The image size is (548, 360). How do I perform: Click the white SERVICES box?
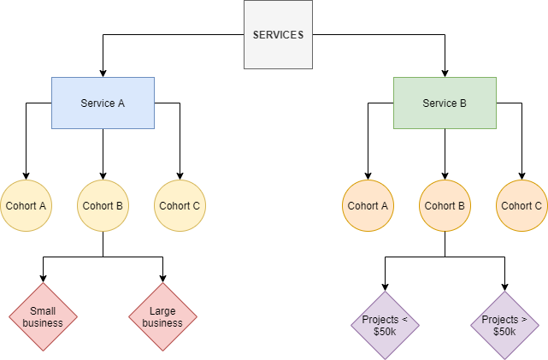[x=278, y=35]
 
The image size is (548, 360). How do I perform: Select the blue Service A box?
[x=103, y=103]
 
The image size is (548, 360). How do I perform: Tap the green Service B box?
[x=445, y=103]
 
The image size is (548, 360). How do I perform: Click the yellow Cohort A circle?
[x=26, y=206]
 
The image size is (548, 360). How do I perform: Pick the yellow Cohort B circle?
[x=103, y=206]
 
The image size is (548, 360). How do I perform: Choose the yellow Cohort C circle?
[x=180, y=206]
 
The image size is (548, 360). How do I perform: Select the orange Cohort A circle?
[x=368, y=206]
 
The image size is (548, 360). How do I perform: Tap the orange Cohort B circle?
[x=445, y=206]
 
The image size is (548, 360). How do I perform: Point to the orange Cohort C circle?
[x=521, y=206]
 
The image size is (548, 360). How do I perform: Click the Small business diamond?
[x=43, y=317]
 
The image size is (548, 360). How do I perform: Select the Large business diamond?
[x=162, y=317]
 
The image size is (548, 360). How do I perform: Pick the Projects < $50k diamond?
[x=385, y=326]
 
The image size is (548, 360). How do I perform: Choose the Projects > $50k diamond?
[x=504, y=326]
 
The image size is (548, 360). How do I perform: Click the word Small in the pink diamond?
[x=43, y=311]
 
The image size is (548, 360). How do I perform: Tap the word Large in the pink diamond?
[x=162, y=311]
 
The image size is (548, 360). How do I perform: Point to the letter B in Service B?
[x=463, y=103]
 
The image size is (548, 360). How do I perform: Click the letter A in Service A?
[x=121, y=103]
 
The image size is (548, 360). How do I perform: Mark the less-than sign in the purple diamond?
[x=404, y=320]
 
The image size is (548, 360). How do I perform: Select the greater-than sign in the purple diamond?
[x=524, y=320]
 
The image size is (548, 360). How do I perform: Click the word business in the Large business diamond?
[x=162, y=323]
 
